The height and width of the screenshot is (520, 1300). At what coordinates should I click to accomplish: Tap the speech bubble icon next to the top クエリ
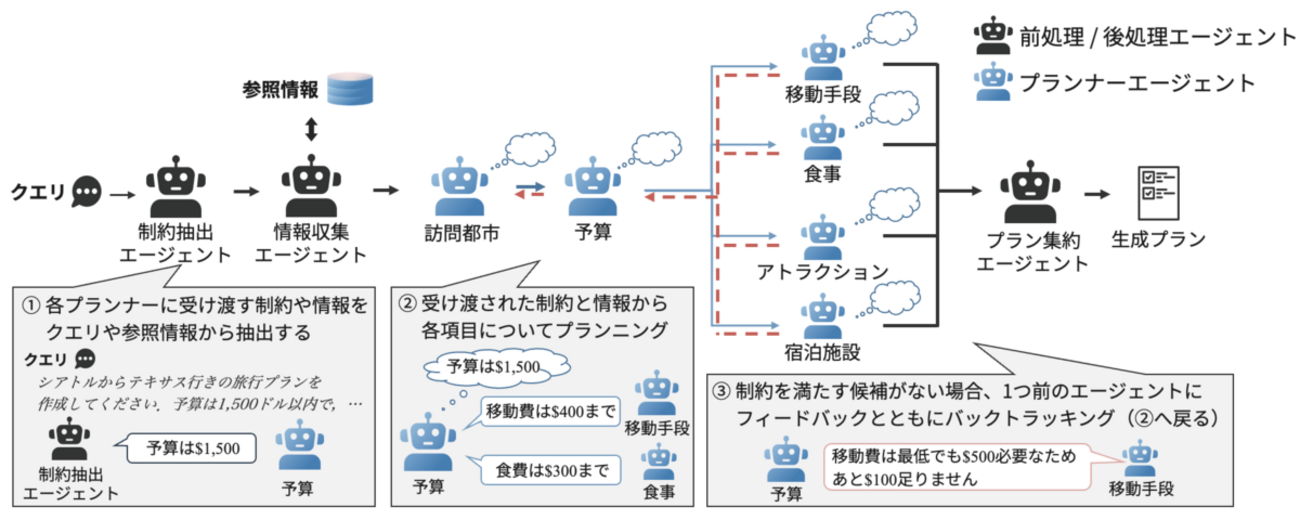(x=90, y=188)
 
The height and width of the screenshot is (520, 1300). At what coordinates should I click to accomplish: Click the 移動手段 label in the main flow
(x=823, y=96)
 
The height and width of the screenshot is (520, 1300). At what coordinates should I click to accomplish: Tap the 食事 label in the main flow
(x=822, y=174)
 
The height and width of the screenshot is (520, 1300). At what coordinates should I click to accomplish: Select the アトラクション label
(x=823, y=271)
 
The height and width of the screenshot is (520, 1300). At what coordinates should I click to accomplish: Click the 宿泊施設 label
(x=823, y=351)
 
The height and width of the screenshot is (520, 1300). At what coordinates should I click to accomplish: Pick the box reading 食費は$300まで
(x=549, y=468)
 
